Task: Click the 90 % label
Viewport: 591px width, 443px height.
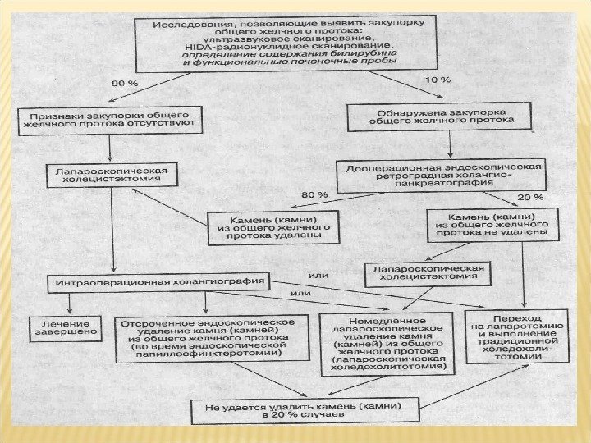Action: [x=125, y=82]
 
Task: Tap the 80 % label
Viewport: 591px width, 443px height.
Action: [x=315, y=194]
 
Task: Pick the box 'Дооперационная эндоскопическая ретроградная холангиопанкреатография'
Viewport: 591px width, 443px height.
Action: [x=441, y=175]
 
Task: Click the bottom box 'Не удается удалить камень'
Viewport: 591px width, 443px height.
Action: [x=305, y=409]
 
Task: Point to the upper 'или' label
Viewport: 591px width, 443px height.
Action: [x=318, y=275]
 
